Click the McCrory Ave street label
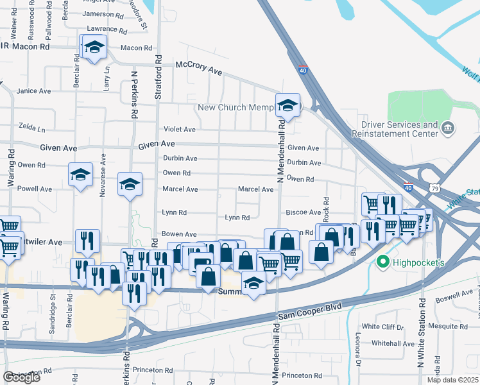click(x=199, y=69)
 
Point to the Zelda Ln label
click(x=31, y=126)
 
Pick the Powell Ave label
click(x=35, y=189)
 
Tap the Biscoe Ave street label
click(x=307, y=212)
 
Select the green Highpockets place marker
click(x=384, y=262)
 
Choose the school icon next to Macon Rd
click(x=94, y=47)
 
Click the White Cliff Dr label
click(x=382, y=327)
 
